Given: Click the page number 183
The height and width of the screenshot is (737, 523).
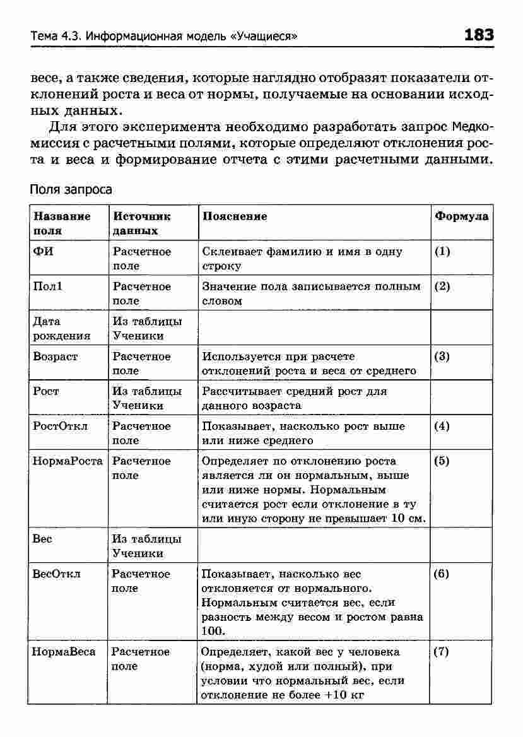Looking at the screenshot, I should tap(478, 35).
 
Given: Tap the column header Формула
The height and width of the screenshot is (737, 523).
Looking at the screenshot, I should tap(462, 216).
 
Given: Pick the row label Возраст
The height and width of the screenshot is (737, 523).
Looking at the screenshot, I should tap(56, 357).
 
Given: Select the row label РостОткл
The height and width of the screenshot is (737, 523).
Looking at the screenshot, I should tap(61, 427).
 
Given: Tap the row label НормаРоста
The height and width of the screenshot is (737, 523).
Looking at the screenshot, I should tap(68, 461).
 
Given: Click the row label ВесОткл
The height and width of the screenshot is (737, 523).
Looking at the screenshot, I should tap(57, 574).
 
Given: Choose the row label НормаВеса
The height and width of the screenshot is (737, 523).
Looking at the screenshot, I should tap(64, 652).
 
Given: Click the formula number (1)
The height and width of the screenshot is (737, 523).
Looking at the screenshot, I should tap(442, 252).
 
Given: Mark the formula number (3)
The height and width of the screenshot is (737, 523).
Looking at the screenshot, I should tap(442, 357).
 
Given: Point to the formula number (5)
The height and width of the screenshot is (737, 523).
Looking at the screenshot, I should tap(442, 461).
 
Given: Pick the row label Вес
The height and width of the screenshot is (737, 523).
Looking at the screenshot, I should tap(42, 539).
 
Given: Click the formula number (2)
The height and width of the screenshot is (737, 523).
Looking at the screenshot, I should tap(442, 286).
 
